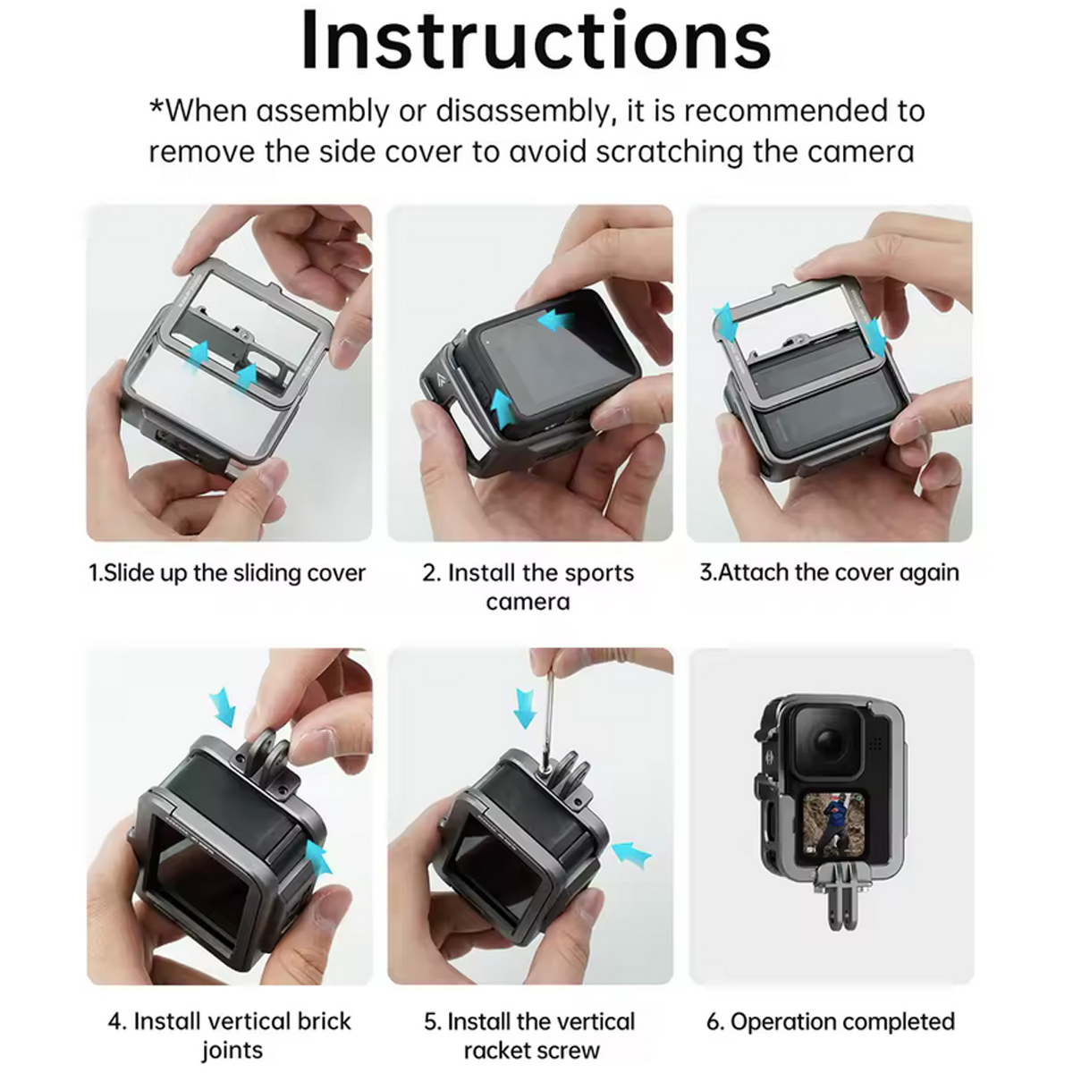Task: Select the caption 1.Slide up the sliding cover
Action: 227,572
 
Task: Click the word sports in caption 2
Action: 598,573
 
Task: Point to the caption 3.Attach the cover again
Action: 830,572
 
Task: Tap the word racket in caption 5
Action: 496,1050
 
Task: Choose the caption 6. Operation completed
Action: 831,1022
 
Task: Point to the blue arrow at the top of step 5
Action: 525,707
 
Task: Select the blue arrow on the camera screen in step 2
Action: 556,320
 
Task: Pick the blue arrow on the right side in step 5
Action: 631,853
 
